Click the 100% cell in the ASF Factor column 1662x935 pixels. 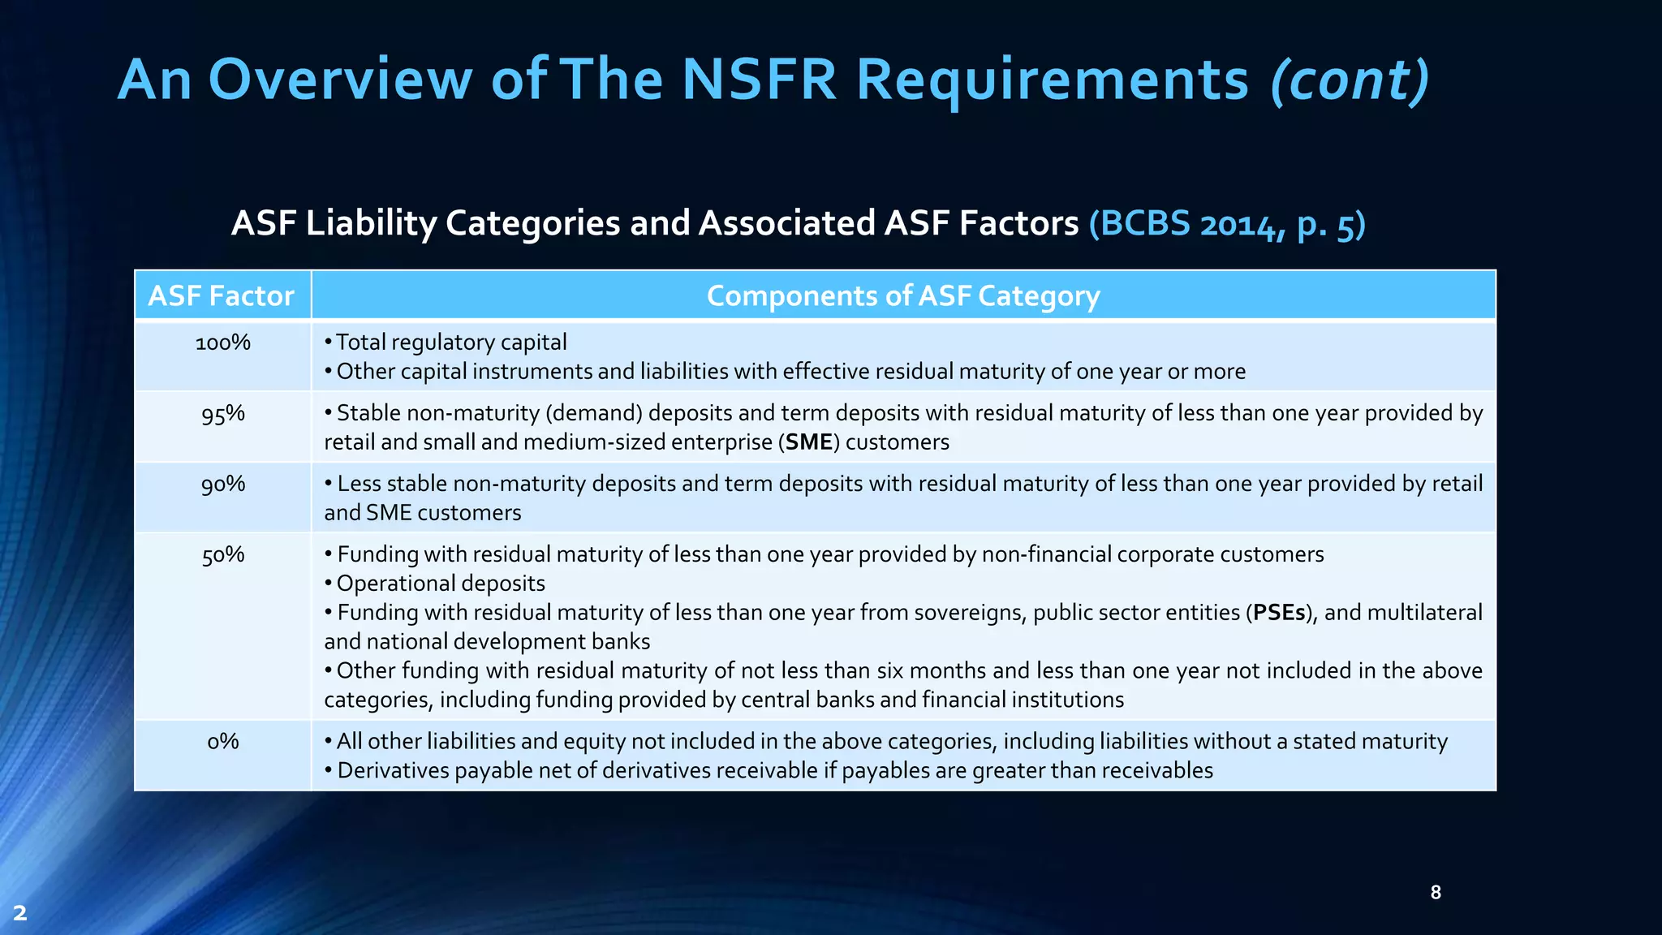pos(222,343)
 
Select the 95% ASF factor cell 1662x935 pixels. pos(222,414)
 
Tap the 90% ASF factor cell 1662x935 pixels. pos(222,485)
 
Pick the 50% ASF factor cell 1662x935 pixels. pos(222,555)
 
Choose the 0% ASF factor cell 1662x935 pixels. pos(222,742)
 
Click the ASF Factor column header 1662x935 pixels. pos(221,295)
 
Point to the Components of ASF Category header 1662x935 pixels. pos(902,295)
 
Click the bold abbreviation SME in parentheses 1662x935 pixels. pos(808,442)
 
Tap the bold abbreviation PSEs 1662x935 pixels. pos(1279,613)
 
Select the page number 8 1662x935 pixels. pos(1435,893)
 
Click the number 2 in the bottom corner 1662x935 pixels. pos(20,913)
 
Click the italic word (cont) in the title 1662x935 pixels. pos(1349,80)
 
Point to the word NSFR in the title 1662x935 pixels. pos(758,80)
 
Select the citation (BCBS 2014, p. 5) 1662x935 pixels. pos(1226,223)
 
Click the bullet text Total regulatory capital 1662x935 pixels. pos(451,343)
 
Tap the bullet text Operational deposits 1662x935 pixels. pos(441,584)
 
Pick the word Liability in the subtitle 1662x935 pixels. pos(370,223)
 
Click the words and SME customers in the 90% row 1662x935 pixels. pos(422,513)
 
